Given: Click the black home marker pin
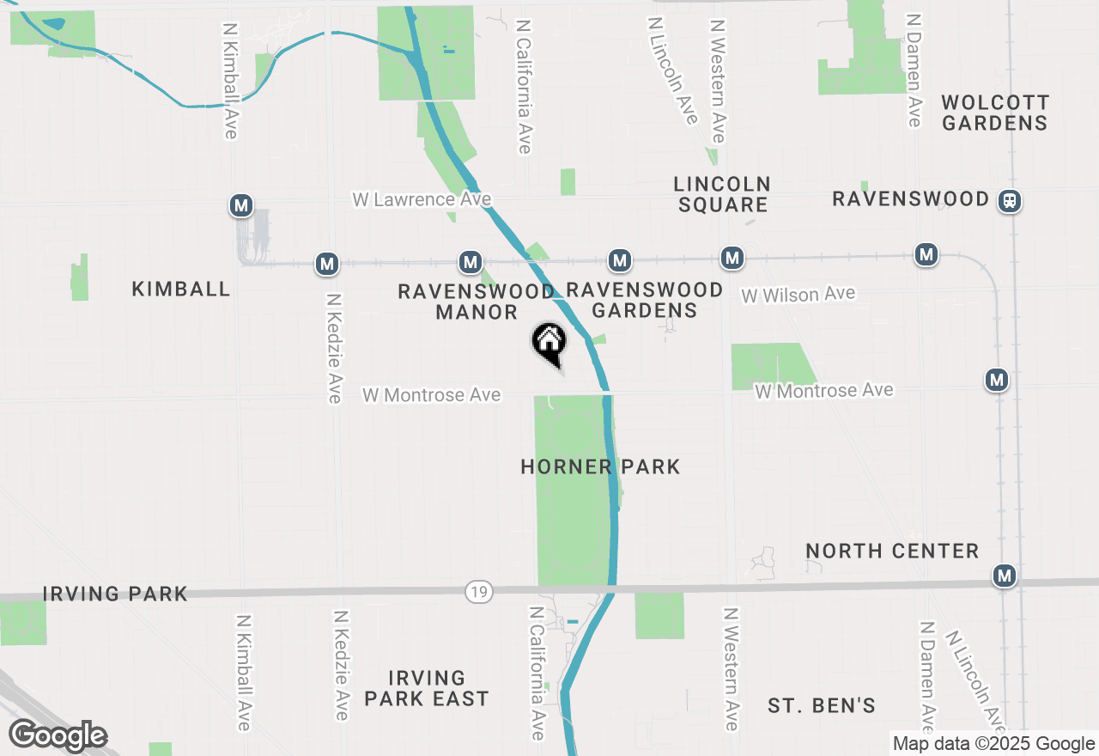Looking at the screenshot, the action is click(549, 343).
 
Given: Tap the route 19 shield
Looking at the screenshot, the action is click(479, 591).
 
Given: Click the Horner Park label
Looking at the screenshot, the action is click(600, 466).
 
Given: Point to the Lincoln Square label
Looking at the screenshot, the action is click(722, 194).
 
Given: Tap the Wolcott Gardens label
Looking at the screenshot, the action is click(994, 113).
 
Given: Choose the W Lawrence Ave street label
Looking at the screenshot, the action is click(422, 199).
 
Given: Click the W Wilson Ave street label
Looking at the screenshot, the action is click(798, 295).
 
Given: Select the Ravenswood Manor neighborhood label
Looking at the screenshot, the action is click(476, 302).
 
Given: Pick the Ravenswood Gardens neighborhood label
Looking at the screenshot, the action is click(645, 300).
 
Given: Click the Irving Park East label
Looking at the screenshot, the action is click(427, 688).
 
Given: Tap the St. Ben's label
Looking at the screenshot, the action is click(822, 705).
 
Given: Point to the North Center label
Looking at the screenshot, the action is click(892, 551).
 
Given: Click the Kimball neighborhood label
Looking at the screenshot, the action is click(181, 289).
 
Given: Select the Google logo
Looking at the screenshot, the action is click(58, 735).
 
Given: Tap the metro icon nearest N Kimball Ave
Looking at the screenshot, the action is click(242, 205).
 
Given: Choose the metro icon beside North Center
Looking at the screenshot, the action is click(1004, 576).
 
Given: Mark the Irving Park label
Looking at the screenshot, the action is click(115, 594).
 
